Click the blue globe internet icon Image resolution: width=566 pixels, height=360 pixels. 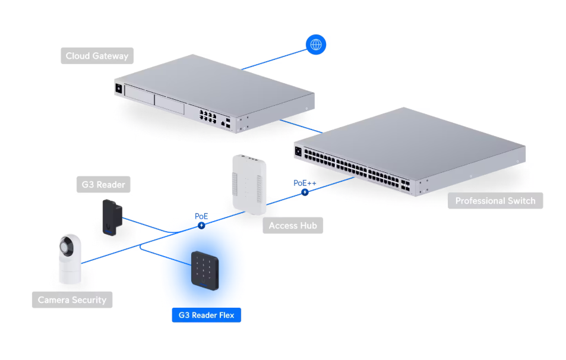pos(316,45)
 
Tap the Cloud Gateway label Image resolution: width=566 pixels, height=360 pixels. pos(97,56)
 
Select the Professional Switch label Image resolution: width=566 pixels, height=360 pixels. pos(495,201)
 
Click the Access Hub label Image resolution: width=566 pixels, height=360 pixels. pos(293,226)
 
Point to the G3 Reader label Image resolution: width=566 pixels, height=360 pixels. pos(103,185)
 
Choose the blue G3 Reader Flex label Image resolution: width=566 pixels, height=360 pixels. pos(207,315)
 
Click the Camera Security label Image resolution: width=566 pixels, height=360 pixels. pos(72,299)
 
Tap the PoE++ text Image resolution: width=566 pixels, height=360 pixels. pos(305,183)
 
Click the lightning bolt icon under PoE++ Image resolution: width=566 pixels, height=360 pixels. pos(305,192)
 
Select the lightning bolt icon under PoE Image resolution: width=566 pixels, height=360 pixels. pos(201,226)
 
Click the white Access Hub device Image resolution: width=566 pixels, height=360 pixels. pos(249,184)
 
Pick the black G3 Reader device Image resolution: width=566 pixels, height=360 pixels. pos(112,218)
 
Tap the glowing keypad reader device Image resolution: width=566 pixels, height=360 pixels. pos(205,270)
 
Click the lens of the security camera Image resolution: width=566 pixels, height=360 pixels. pos(67,247)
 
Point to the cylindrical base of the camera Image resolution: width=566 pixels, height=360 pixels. pos(70,272)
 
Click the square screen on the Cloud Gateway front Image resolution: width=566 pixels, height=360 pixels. pos(119,88)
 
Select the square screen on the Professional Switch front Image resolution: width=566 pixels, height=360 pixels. pos(298,151)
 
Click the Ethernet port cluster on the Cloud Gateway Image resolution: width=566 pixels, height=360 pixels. pos(208,116)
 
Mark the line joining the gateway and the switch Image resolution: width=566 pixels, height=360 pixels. pos(301,127)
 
